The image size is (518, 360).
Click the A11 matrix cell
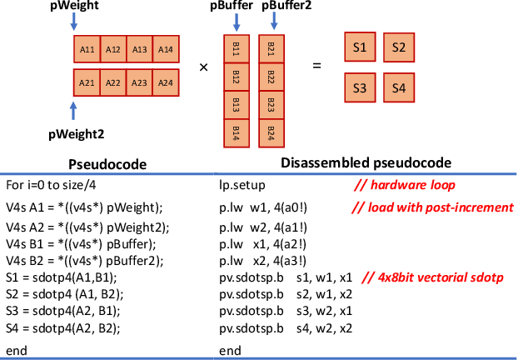click(x=87, y=49)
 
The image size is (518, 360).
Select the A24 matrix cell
click(x=166, y=82)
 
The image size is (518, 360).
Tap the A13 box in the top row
click(x=140, y=49)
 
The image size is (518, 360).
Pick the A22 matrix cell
click(x=113, y=82)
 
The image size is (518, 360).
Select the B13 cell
click(x=237, y=105)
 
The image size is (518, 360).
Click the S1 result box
click(x=360, y=47)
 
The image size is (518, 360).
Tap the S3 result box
click(x=360, y=87)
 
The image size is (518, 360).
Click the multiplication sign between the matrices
click(x=203, y=66)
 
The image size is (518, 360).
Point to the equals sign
click(x=316, y=64)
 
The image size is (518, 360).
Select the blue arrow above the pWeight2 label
click(x=74, y=111)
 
